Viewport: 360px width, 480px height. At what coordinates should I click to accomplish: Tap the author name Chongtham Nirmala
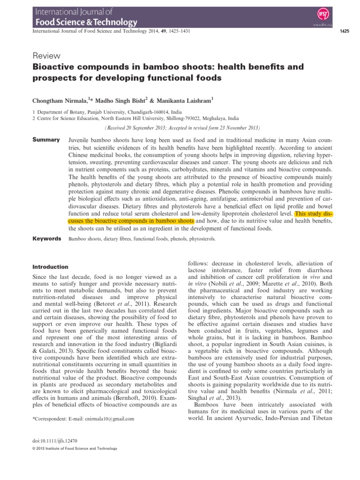tap(60, 100)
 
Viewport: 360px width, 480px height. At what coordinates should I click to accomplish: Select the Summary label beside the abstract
tap(45, 140)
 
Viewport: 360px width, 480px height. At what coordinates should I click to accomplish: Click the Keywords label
tap(46, 239)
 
